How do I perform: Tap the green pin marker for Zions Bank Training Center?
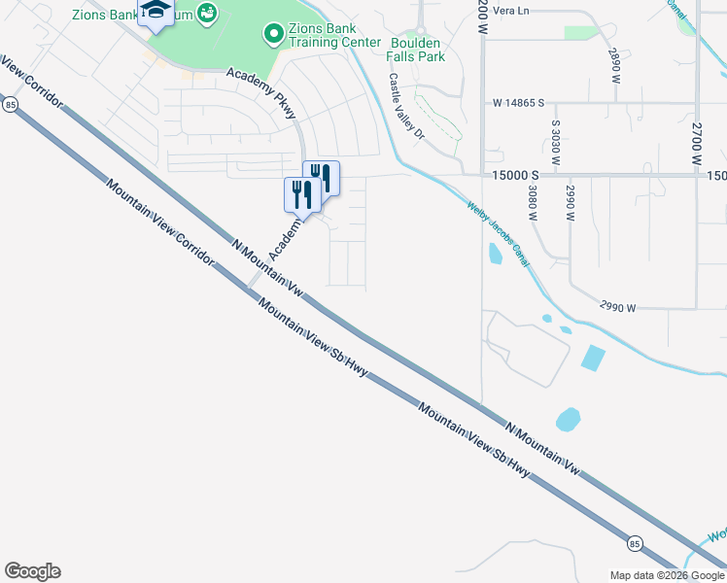point(273,35)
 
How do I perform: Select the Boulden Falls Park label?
point(418,50)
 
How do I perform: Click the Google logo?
point(32,571)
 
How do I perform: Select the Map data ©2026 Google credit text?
point(667,575)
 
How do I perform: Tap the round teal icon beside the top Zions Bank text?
point(206,13)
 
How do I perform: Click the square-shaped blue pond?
point(592,358)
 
